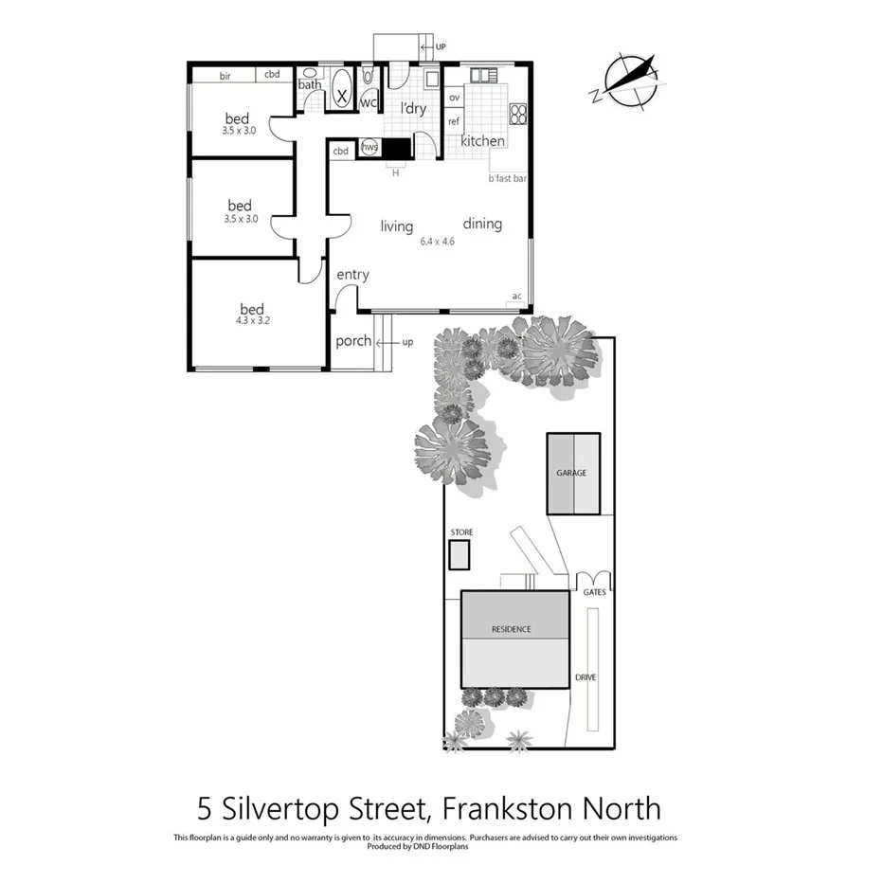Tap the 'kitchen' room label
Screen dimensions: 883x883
pos(482,141)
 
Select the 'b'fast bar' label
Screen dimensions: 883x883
pos(507,178)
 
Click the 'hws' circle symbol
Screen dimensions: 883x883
pos(369,148)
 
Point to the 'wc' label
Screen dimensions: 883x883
pos(369,102)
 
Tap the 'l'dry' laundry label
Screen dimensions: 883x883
pos(413,109)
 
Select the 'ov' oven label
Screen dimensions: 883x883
pos(454,98)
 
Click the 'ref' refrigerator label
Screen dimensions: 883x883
pos(453,121)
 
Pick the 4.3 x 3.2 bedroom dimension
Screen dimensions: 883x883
pos(252,321)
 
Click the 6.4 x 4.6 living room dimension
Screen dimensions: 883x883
pos(438,242)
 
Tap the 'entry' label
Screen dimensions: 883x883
pos(352,275)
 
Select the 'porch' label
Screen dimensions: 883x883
pos(353,341)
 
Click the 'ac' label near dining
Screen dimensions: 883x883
pos(516,297)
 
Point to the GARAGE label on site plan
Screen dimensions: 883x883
pos(571,473)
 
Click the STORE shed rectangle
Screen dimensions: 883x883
pos(460,554)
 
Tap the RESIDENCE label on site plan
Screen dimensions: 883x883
pos(511,629)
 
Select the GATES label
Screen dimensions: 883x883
pos(594,592)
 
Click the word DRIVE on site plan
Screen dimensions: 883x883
pos(585,677)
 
